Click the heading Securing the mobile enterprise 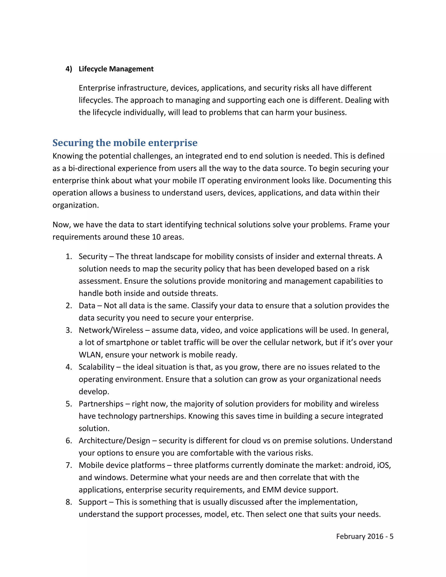125,143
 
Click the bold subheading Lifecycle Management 116,69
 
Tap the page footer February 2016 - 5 364,536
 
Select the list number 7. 69,465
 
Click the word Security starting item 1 93,256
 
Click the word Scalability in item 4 96,367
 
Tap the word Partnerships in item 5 101,404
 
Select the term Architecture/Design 114,441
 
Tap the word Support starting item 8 93,502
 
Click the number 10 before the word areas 156,237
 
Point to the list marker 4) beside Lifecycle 69,69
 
